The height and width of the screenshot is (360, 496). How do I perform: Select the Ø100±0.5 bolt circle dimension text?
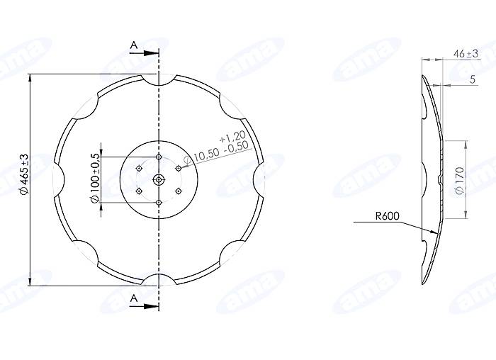click(x=94, y=179)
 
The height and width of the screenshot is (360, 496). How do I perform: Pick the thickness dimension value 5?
click(x=471, y=79)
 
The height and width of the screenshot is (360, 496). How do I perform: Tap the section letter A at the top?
click(x=133, y=45)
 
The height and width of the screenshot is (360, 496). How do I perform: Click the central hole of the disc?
click(x=159, y=179)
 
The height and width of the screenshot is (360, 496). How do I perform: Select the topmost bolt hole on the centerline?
click(x=159, y=156)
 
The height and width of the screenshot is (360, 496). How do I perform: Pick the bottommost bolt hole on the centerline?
click(x=159, y=203)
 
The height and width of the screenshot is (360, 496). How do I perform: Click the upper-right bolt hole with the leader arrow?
click(x=179, y=168)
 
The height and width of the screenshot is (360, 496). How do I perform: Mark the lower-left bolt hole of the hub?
click(x=139, y=191)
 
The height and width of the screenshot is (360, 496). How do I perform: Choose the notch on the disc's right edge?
click(x=259, y=179)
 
